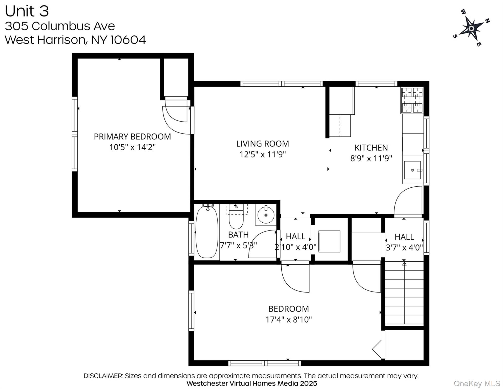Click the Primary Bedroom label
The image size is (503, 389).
click(132, 137)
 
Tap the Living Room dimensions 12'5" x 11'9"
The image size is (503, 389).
click(262, 154)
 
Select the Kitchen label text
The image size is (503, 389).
click(371, 148)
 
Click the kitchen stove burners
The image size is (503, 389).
click(412, 100)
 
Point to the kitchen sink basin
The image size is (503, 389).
click(412, 170)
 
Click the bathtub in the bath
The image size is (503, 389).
click(207, 232)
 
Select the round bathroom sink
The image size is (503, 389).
click(266, 215)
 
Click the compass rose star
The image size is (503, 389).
click(471, 29)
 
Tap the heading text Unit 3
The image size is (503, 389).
click(27, 11)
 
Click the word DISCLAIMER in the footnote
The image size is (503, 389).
click(103, 376)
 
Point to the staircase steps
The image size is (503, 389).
click(404, 294)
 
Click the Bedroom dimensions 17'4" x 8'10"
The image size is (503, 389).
click(288, 320)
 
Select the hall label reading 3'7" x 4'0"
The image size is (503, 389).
click(404, 247)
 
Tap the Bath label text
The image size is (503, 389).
click(238, 235)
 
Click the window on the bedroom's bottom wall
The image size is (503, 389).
click(264, 363)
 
